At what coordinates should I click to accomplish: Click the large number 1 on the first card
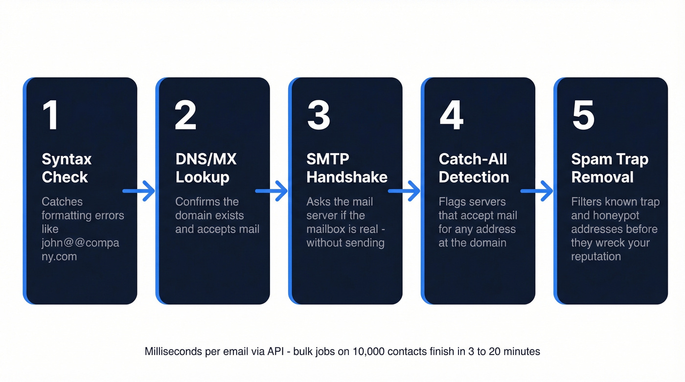point(50,115)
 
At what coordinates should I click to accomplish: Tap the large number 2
point(185,115)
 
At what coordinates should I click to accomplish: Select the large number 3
point(318,115)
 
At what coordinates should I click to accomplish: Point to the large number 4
point(451,115)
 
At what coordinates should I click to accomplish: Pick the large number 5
point(583,115)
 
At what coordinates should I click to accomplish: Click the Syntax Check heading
point(67,168)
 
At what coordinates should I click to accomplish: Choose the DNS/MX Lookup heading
point(205,168)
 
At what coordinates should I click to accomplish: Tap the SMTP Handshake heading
point(346,168)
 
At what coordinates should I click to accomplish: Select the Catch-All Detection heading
point(473,168)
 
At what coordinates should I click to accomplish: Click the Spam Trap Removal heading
point(610,168)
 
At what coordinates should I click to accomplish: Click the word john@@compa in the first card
point(80,243)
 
